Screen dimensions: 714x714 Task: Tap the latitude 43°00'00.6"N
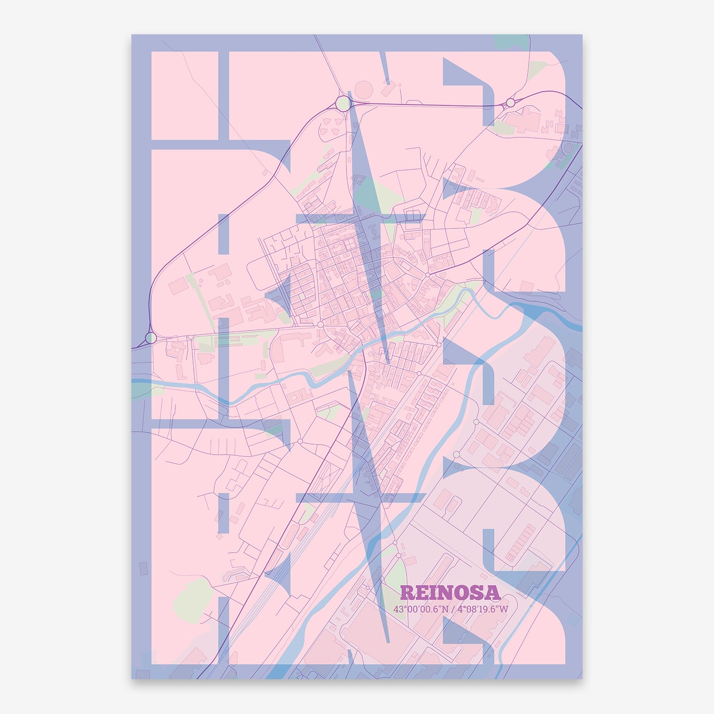421,609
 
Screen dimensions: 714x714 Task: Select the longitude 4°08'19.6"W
482,609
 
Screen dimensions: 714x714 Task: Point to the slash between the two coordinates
453,609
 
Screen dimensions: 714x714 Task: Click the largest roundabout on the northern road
343,103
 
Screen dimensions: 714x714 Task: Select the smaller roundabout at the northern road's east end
510,103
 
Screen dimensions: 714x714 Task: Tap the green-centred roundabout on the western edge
151,337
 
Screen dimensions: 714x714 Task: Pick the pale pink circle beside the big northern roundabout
364,90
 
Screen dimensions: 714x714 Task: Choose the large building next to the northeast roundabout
524,119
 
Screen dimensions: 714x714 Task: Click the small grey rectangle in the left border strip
143,568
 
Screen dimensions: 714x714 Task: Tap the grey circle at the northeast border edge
569,148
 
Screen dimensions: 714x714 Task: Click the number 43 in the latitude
398,609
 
